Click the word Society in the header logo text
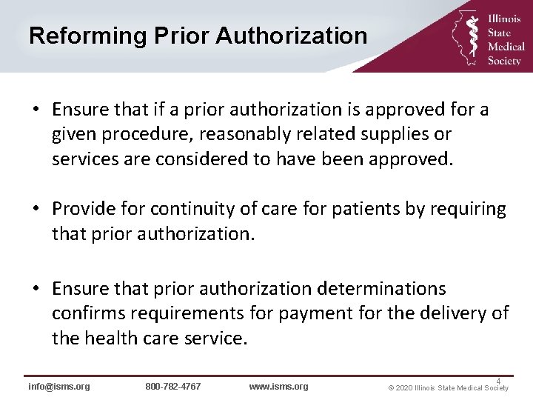tap(505, 61)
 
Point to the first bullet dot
tap(36, 110)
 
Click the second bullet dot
tap(36, 210)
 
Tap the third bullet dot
tap(36, 287)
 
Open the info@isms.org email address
tap(59, 387)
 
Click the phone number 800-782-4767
tap(173, 387)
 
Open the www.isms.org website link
tap(278, 387)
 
